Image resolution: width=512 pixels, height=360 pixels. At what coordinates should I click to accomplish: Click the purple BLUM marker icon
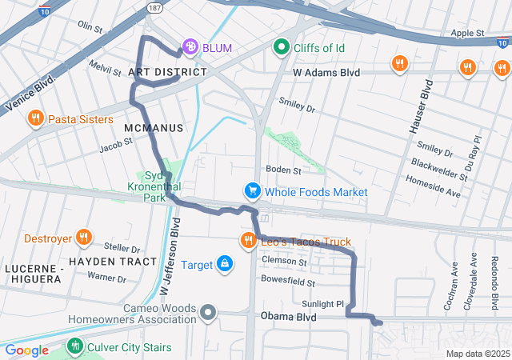(190, 48)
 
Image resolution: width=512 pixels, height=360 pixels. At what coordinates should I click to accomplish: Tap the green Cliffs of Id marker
(281, 48)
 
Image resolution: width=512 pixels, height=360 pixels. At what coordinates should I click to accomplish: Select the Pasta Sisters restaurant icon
(35, 119)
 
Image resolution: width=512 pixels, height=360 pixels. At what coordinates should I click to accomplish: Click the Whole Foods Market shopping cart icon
(253, 191)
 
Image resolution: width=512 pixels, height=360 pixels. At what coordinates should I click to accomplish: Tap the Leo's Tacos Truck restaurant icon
(248, 241)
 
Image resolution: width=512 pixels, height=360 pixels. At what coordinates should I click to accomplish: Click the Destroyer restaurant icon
(83, 238)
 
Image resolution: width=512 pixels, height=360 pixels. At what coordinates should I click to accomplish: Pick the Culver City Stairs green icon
(74, 346)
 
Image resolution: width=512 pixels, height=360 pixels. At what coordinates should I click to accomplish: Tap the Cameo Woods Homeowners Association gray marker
(208, 311)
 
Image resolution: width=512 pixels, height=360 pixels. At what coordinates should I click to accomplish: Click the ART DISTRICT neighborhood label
(167, 72)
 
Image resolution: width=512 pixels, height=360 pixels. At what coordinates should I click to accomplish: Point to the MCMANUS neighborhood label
(154, 128)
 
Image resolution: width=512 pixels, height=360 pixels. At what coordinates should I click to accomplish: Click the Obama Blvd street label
(288, 318)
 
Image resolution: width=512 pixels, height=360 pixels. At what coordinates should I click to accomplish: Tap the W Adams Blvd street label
(327, 72)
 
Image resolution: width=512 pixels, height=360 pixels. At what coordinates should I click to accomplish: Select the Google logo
(26, 350)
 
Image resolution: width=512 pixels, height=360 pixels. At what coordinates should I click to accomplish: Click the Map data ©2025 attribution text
(478, 354)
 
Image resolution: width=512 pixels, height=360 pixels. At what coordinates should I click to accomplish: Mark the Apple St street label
(468, 33)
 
